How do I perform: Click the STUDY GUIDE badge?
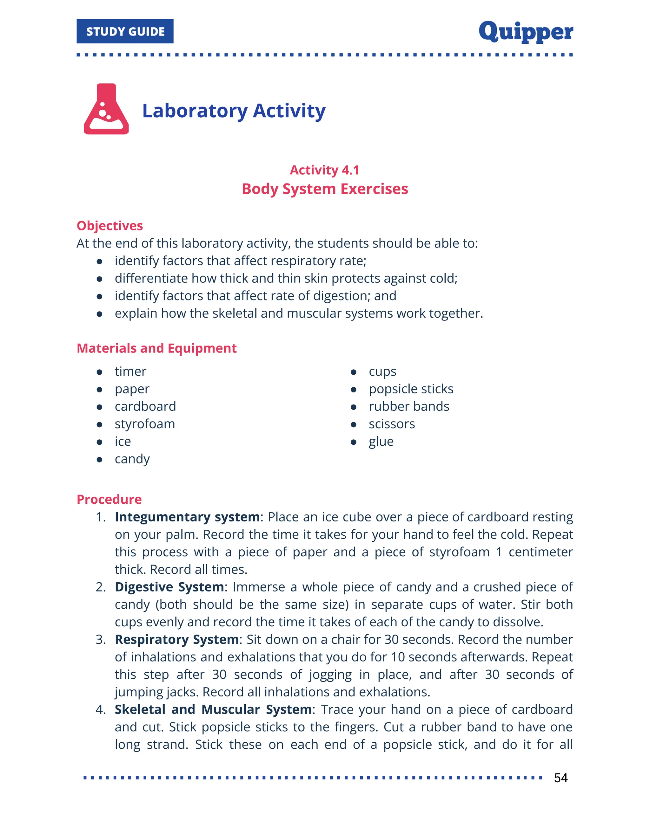click(125, 31)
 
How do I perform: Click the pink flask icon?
click(106, 109)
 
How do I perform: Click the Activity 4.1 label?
click(325, 170)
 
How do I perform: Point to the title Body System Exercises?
click(325, 189)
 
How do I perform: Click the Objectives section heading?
click(110, 225)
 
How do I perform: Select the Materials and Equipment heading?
click(156, 348)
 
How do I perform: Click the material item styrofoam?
click(145, 424)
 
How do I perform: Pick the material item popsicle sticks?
click(411, 389)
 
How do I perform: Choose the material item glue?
click(381, 442)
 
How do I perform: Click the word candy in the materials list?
click(132, 459)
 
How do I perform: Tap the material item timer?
click(130, 372)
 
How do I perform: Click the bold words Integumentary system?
click(187, 517)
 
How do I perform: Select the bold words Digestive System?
click(169, 587)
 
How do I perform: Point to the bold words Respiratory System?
click(177, 640)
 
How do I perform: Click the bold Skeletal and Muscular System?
click(213, 710)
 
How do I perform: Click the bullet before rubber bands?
click(354, 407)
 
